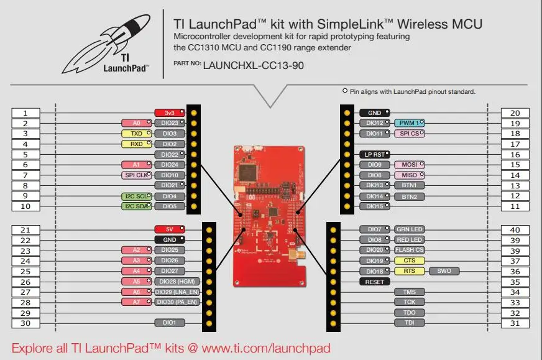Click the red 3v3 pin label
(x=170, y=113)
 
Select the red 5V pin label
(x=170, y=229)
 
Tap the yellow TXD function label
(x=136, y=134)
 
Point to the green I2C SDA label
(x=135, y=206)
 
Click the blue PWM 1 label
(x=409, y=123)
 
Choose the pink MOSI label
(x=409, y=165)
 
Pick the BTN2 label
(x=409, y=196)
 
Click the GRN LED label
(x=409, y=229)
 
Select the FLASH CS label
(x=409, y=250)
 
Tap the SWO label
(x=444, y=271)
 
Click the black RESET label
(x=375, y=282)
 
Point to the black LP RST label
(x=375, y=154)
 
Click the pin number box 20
(x=515, y=113)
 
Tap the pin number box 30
(x=25, y=323)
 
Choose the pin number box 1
(x=25, y=113)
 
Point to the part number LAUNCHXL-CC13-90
(x=253, y=65)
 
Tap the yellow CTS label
(x=409, y=261)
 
